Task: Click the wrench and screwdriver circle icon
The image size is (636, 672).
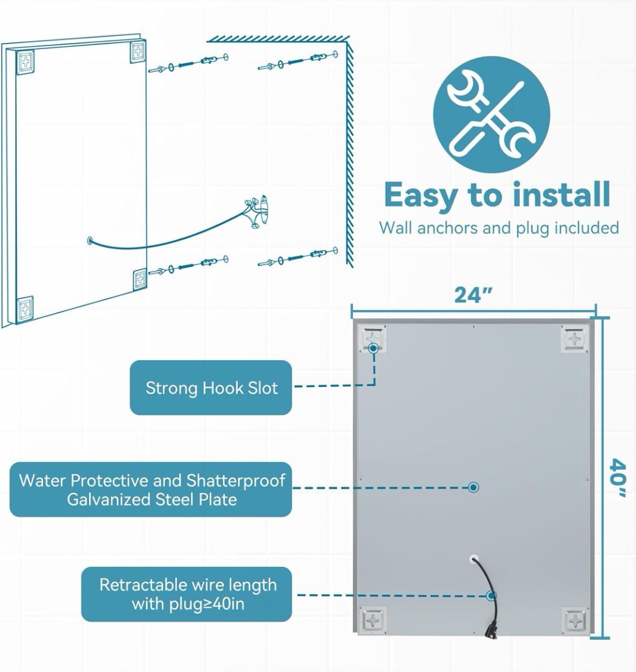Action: click(x=491, y=115)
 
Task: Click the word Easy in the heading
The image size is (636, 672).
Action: click(x=421, y=196)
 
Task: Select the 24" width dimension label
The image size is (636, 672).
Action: click(x=473, y=295)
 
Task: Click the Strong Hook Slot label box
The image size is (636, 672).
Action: click(x=211, y=388)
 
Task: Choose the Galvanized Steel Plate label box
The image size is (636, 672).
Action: click(x=151, y=490)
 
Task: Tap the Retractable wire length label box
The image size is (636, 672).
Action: click(x=187, y=594)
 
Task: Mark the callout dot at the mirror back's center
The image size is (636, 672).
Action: click(x=474, y=487)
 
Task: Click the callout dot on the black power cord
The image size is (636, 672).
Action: click(x=491, y=595)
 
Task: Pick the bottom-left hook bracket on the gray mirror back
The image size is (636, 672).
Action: click(x=373, y=620)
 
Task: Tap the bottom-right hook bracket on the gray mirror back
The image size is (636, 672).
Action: click(x=575, y=620)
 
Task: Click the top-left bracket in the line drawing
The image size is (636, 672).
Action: click(x=26, y=62)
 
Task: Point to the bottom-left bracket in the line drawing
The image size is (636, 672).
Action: click(x=26, y=308)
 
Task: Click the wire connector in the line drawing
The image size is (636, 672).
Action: click(x=257, y=210)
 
